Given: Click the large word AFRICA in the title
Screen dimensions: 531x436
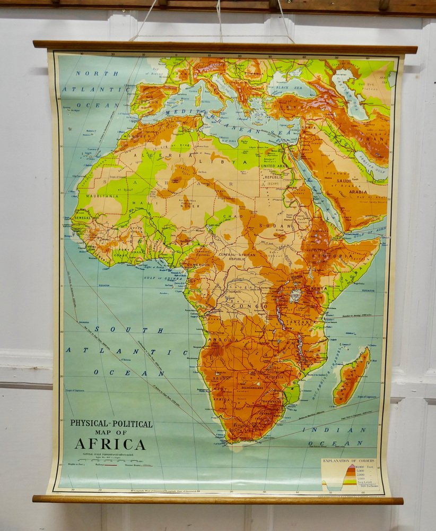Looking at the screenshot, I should coord(110,444).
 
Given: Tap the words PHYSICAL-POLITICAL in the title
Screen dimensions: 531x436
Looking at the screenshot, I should coord(111,424).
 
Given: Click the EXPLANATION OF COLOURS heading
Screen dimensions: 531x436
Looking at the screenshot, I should coord(348,461).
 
